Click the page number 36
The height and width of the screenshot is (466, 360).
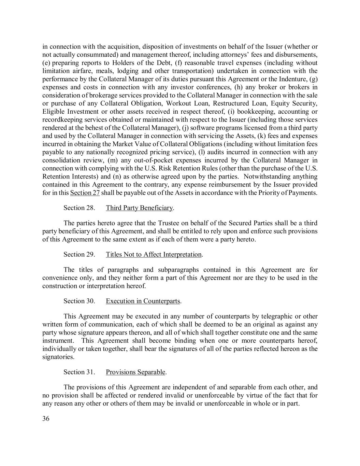pos(46,419)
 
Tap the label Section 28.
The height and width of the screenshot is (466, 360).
pos(79,208)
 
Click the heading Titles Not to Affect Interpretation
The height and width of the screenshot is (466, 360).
pos(154,254)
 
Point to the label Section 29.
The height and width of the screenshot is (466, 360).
pos(79,254)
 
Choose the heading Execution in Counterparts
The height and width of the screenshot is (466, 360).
pos(143,301)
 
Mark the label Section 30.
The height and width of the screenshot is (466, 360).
pos(79,301)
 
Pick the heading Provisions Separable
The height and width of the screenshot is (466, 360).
pos(136,372)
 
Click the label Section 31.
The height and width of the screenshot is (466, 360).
pos(79,372)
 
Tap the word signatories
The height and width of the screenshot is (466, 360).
pos(58,357)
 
